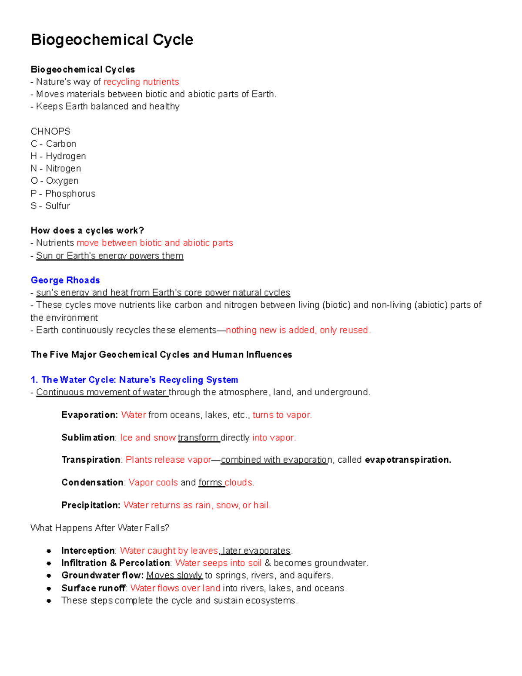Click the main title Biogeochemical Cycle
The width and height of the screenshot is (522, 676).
(x=112, y=40)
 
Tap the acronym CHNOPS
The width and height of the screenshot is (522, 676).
(x=50, y=131)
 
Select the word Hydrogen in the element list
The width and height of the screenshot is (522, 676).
(x=66, y=156)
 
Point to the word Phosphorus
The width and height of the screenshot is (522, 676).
(x=70, y=194)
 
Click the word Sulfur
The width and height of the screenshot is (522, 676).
(x=58, y=206)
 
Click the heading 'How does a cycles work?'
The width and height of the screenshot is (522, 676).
(x=87, y=231)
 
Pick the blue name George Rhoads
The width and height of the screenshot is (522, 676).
(x=65, y=280)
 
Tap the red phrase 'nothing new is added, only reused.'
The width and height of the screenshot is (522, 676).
(x=298, y=330)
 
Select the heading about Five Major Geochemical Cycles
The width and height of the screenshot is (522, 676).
(x=161, y=355)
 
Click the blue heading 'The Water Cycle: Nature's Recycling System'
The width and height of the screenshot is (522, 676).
(x=134, y=380)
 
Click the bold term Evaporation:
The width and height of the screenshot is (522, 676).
(x=90, y=415)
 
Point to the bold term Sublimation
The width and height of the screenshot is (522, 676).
(x=88, y=437)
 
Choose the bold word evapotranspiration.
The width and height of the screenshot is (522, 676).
(x=408, y=460)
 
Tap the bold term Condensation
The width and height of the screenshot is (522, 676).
(x=92, y=483)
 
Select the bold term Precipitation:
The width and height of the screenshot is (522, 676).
(x=90, y=505)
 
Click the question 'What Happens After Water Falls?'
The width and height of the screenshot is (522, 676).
(x=100, y=528)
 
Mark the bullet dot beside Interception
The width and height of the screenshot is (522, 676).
(x=49, y=551)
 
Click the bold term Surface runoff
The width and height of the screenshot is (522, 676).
(x=94, y=589)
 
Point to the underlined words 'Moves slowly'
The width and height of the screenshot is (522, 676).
(x=174, y=575)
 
